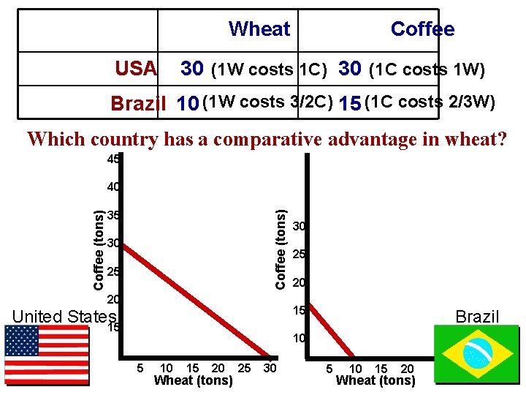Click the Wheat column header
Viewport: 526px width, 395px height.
[x=259, y=29]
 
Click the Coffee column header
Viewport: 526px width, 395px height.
[x=422, y=29]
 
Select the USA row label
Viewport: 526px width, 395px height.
[x=136, y=69]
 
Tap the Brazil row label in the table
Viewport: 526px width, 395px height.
[x=138, y=104]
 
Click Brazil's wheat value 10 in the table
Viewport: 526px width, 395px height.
[x=188, y=104]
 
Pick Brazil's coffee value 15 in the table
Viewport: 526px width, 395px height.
[x=350, y=104]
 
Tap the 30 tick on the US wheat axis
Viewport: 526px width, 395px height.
[x=270, y=368]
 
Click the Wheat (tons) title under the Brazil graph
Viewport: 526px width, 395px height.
[x=375, y=380]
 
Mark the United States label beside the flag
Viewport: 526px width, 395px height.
[x=64, y=317]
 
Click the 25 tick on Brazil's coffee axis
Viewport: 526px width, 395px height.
[x=299, y=255]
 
